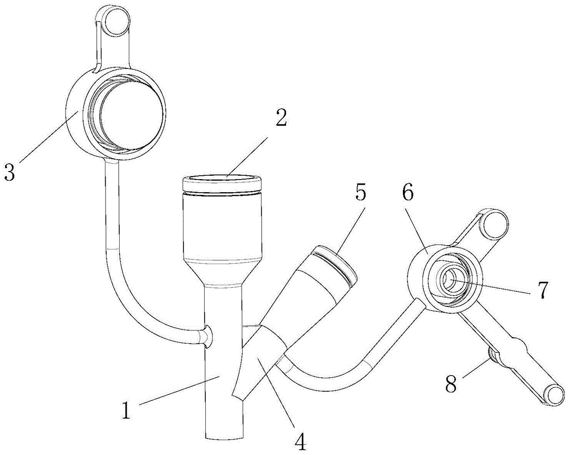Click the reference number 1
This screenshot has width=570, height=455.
(x=126, y=411)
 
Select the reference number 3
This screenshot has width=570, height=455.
(x=9, y=172)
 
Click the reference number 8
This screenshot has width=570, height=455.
(x=451, y=383)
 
